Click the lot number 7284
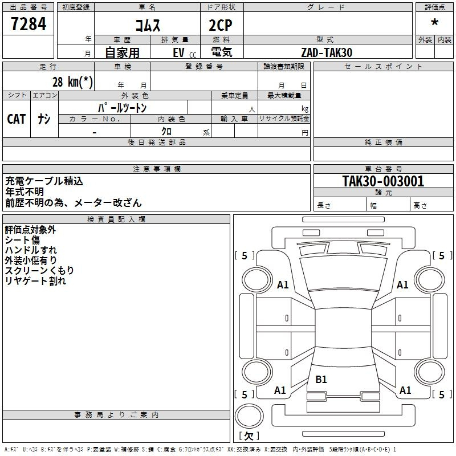click(x=28, y=24)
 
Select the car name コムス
click(x=148, y=25)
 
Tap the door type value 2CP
click(x=221, y=25)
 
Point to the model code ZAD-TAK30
click(x=327, y=52)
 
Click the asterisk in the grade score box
click(x=434, y=22)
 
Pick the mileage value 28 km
click(x=72, y=82)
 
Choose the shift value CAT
click(x=17, y=119)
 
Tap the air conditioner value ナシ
click(x=44, y=119)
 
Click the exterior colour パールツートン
click(x=122, y=108)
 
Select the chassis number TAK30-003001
click(x=383, y=181)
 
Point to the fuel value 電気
click(x=221, y=52)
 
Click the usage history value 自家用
click(x=122, y=52)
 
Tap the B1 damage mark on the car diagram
click(x=321, y=379)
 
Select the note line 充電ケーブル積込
click(x=44, y=181)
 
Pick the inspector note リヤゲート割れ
click(x=35, y=281)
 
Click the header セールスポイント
click(x=383, y=67)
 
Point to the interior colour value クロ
click(x=166, y=131)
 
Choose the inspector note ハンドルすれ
click(x=31, y=250)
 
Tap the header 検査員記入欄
click(x=116, y=219)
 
